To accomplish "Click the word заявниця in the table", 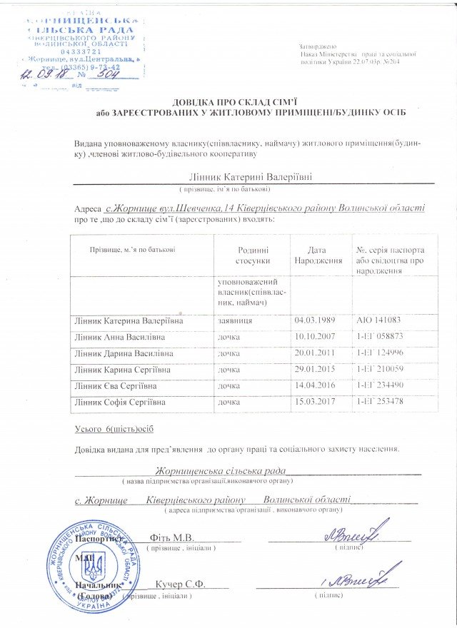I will pyautogui.click(x=234, y=320).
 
